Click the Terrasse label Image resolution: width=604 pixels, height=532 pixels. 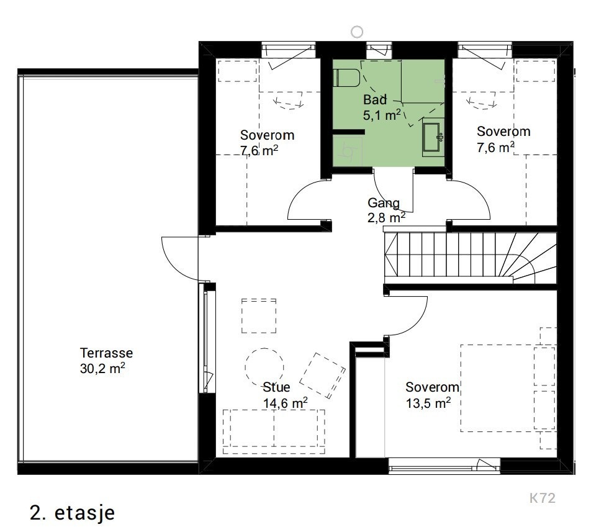(x=106, y=353)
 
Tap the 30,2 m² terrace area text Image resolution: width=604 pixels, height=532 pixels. (x=102, y=368)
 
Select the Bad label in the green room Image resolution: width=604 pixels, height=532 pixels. (x=375, y=100)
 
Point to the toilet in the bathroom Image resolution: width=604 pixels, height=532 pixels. (x=346, y=78)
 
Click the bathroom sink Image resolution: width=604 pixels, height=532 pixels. (x=433, y=137)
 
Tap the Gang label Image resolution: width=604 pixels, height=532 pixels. (x=383, y=202)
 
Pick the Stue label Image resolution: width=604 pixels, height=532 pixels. (x=276, y=387)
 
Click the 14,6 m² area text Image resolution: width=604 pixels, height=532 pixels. (x=285, y=403)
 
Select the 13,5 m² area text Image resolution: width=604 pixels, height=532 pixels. (x=428, y=403)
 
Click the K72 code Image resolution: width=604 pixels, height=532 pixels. (x=543, y=498)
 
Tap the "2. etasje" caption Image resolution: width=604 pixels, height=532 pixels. (x=73, y=513)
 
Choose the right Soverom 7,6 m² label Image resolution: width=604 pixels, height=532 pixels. (x=503, y=139)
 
